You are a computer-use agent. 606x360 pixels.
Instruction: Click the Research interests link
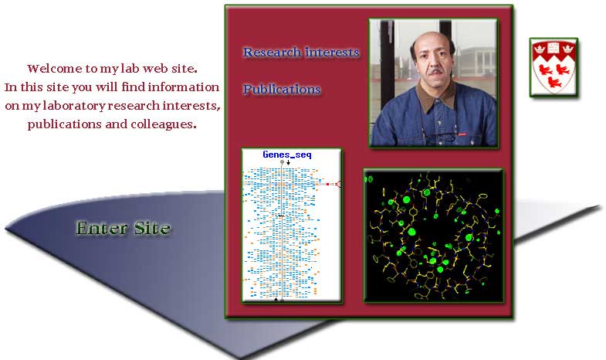(301, 53)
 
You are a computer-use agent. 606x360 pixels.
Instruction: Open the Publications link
(282, 90)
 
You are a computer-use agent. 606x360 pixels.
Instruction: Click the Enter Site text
(123, 228)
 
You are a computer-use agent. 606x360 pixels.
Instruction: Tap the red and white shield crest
(554, 67)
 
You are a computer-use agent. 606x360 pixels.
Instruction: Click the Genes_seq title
(287, 155)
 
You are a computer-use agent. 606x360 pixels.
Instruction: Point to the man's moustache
(435, 72)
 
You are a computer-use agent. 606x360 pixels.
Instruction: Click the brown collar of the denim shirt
(436, 96)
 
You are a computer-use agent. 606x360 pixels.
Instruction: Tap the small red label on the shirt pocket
(462, 134)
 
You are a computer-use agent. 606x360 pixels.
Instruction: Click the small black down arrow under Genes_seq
(288, 162)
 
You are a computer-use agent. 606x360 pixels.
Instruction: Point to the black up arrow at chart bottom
(276, 299)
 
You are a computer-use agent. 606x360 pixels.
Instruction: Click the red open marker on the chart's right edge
(338, 184)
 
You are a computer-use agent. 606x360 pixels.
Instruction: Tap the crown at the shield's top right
(567, 49)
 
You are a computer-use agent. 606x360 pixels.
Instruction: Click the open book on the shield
(553, 47)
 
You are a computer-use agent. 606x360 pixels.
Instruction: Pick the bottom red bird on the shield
(554, 83)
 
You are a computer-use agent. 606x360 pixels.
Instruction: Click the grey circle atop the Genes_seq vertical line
(282, 162)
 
